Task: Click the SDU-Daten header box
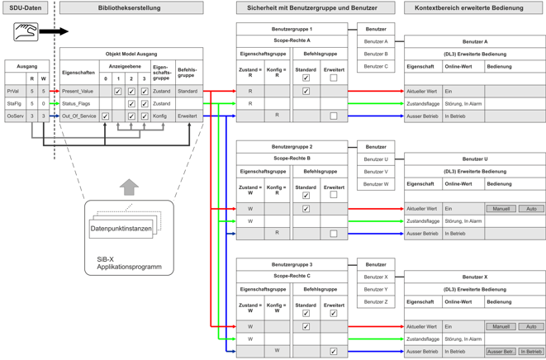click(x=26, y=8)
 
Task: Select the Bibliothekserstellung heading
click(x=131, y=8)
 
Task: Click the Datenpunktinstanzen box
click(x=121, y=228)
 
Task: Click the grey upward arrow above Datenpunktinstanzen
click(x=129, y=187)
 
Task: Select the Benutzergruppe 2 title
click(x=292, y=147)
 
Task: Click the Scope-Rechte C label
click(x=292, y=276)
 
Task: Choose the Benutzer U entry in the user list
click(x=375, y=159)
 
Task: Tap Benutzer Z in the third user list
click(x=375, y=301)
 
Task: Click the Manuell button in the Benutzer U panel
click(x=501, y=209)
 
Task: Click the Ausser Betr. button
click(x=501, y=351)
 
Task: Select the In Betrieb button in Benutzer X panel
click(x=531, y=351)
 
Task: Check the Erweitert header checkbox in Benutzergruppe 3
click(x=334, y=314)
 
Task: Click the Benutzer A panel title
click(x=474, y=41)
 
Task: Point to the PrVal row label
click(x=13, y=92)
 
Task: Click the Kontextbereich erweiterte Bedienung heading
click(x=469, y=8)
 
